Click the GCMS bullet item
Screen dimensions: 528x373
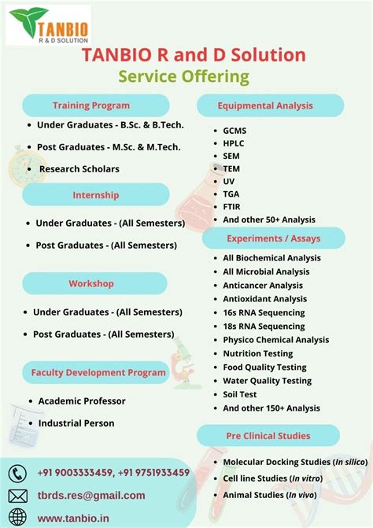pos(235,130)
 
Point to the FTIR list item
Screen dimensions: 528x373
pos(234,207)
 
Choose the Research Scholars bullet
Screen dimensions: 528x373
pos(79,169)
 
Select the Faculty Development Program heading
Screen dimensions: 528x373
pos(99,372)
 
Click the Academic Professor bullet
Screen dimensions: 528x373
pos(82,401)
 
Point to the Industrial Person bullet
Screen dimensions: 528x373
pos(76,423)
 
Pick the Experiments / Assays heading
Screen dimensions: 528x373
pos(272,238)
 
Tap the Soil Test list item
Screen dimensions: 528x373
pos(240,394)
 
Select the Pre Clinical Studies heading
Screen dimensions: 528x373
pos(268,435)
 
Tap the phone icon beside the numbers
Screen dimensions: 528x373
pos(17,473)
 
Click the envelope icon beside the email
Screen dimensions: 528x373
pos(17,496)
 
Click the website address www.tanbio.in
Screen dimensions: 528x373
pos(72,518)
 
